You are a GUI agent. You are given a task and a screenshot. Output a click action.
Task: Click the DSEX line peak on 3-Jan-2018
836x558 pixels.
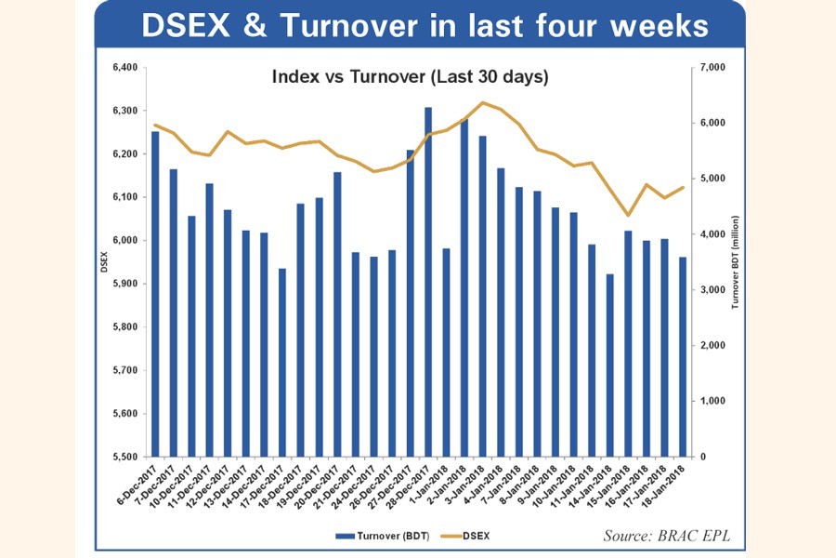(x=482, y=102)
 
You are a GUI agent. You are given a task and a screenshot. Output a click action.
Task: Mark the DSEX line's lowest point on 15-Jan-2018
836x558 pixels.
(x=628, y=216)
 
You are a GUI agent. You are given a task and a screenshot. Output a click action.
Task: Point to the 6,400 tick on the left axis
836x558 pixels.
(x=124, y=67)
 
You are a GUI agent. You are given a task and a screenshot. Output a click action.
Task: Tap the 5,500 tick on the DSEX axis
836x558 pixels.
(x=124, y=457)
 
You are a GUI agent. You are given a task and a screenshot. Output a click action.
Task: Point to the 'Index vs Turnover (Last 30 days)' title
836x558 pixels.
(x=410, y=77)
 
